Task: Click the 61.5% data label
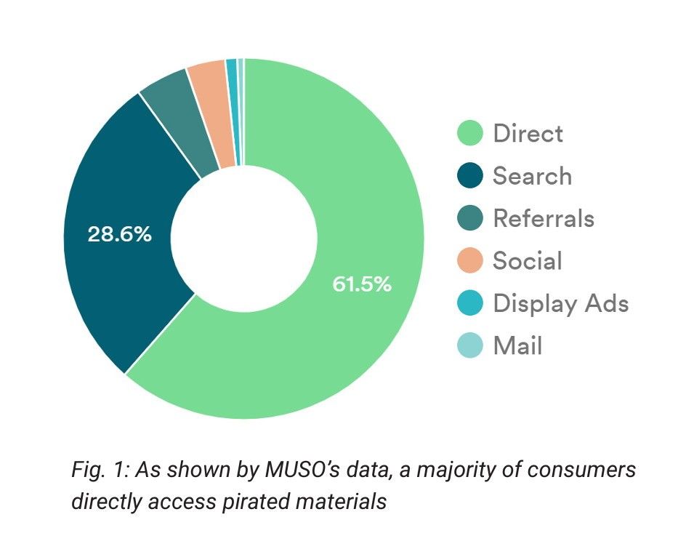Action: [362, 284]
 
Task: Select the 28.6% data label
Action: [120, 234]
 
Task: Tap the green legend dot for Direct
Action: [470, 134]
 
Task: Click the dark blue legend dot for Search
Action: [470, 176]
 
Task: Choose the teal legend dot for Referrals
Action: [470, 218]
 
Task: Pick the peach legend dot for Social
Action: [470, 260]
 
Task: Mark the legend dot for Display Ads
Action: [470, 302]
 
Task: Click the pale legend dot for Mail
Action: [470, 345]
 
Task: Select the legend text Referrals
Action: [543, 218]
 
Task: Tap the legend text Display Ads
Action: [560, 302]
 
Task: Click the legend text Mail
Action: [517, 345]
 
